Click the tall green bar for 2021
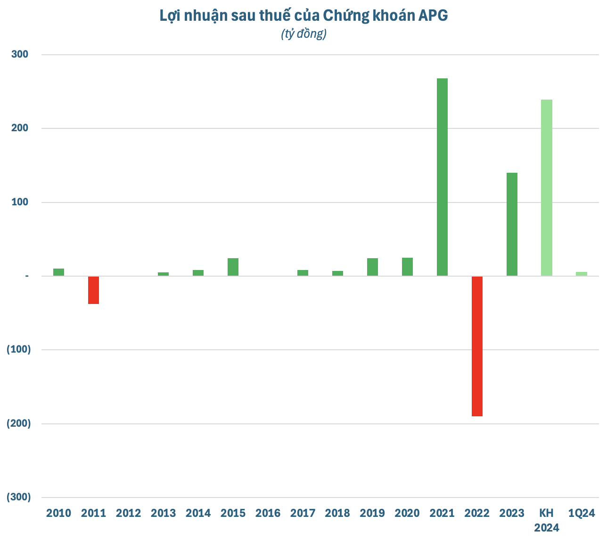442,177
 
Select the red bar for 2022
477,346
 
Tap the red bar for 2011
93,290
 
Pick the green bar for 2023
512,224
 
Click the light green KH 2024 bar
547,187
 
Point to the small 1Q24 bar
582,274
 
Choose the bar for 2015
233,267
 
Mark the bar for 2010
58,272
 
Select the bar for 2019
372,267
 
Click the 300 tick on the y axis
19,54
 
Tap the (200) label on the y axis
18,423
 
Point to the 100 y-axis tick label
19,202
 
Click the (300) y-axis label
18,497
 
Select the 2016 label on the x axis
268,513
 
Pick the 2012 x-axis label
128,513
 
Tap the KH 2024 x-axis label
547,520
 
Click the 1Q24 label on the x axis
582,513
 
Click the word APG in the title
433,16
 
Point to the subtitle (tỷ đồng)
303,34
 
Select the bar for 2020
407,267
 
